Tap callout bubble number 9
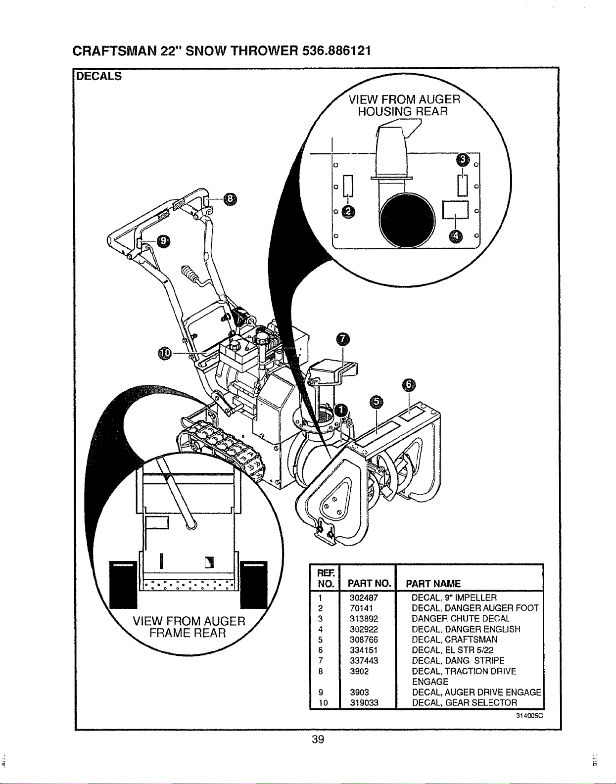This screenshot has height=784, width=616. pos(163,240)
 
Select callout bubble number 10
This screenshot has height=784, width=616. pos(165,353)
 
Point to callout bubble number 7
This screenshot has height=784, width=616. pos(343,339)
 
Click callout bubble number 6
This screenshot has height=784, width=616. pos(409,385)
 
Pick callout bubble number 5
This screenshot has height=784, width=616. pos(377,402)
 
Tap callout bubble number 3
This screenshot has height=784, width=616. pos(463,159)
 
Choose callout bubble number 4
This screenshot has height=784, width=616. pos(455,236)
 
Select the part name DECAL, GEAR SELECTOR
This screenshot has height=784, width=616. pos(465,702)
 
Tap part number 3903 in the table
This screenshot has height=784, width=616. pos(359,692)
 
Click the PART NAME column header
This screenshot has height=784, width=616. pos(433,583)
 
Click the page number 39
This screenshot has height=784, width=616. pos(318,739)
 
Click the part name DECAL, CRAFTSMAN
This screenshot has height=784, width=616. pos(454,640)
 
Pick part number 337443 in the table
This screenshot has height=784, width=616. pos(364,660)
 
